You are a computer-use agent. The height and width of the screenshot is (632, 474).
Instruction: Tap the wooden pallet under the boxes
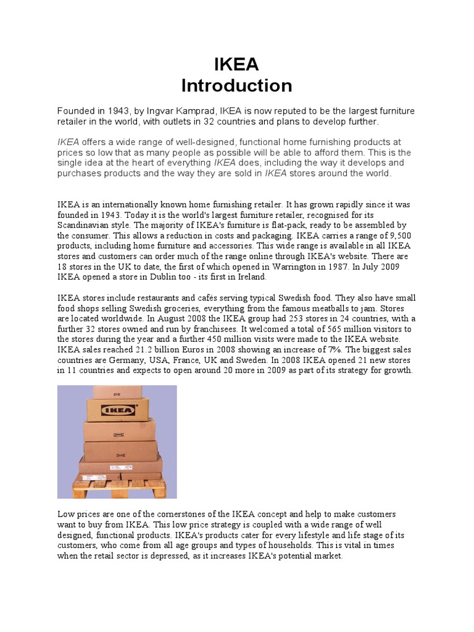[x=117, y=486]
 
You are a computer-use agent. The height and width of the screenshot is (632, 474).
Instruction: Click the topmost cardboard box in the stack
[x=117, y=391]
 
